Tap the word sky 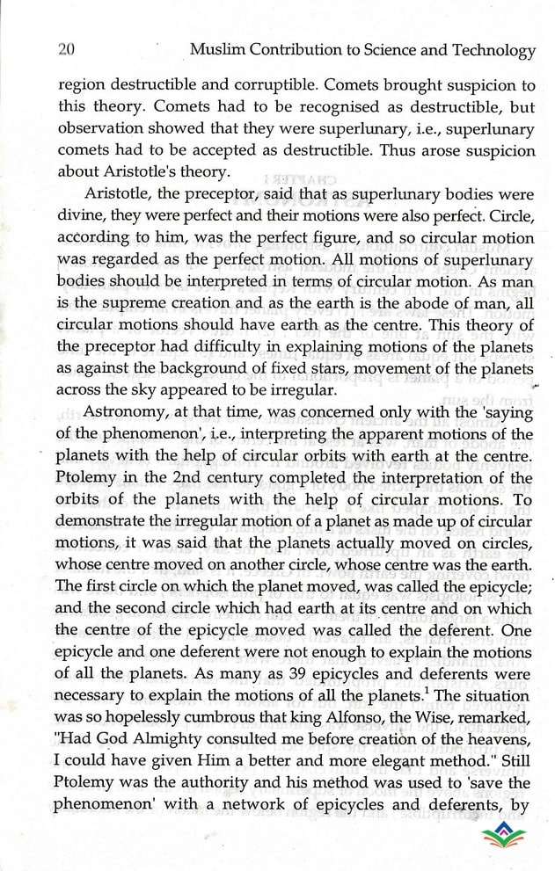coord(165,388)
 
